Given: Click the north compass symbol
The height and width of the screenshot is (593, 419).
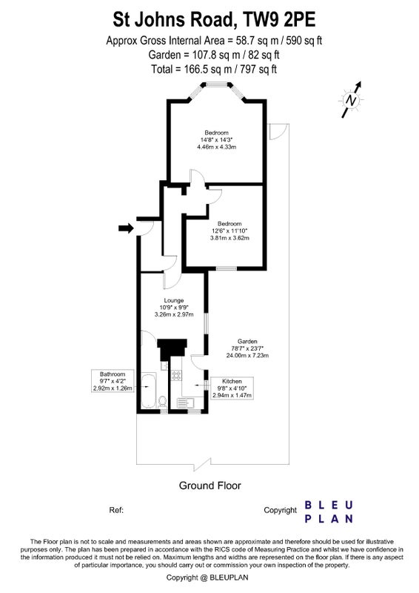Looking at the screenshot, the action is [x=352, y=100].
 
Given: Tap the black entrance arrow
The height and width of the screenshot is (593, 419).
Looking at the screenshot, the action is [x=126, y=228].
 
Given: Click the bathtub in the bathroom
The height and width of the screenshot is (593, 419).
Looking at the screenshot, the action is [x=149, y=391].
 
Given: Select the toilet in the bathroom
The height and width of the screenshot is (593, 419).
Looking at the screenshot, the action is [x=162, y=401].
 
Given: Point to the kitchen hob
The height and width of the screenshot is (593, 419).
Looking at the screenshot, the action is [x=176, y=375].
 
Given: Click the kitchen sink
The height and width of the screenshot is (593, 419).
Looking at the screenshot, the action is [x=186, y=403].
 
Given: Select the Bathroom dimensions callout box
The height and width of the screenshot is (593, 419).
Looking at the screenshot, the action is [x=113, y=381].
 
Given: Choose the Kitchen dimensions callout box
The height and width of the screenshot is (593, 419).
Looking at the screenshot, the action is [x=232, y=388].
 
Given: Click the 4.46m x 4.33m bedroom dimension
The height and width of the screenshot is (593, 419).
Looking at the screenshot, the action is [x=216, y=147].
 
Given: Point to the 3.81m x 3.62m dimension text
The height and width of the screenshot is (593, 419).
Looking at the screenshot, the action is [x=229, y=238].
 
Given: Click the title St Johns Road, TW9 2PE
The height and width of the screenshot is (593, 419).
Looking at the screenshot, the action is [x=214, y=20].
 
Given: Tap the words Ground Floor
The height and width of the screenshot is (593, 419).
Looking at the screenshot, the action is [x=209, y=486].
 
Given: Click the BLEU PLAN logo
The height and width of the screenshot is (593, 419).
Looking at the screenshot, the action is [x=329, y=511].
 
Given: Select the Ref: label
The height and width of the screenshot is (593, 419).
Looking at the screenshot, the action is [x=116, y=510].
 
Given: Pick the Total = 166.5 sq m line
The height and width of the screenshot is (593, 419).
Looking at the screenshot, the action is [x=214, y=69].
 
